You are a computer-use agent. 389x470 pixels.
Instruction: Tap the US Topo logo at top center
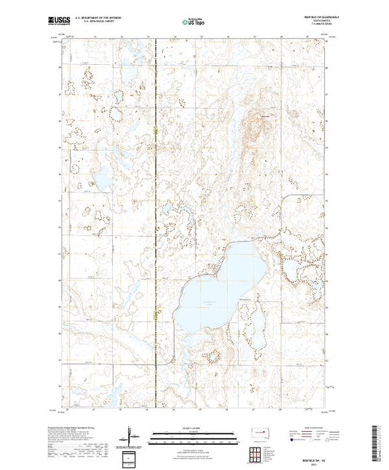pyautogui.click(x=194, y=22)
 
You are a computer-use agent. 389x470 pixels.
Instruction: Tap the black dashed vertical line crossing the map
pyautogui.click(x=155, y=224)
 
